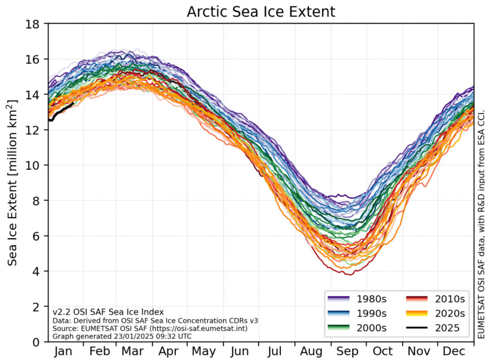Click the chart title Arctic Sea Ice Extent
point(261,12)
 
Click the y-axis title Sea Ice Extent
point(14,182)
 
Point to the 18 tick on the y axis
point(35,24)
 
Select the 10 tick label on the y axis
point(35,165)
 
